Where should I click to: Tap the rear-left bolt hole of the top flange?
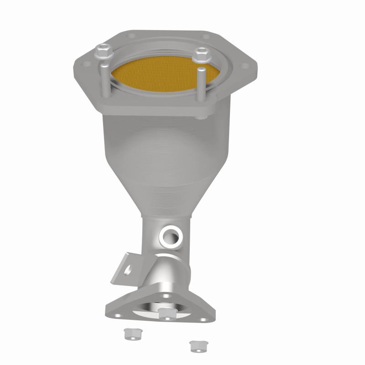130,35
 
